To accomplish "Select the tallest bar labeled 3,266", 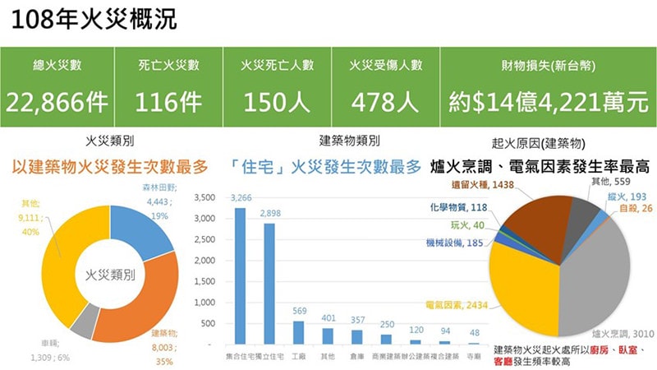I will [241, 275].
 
